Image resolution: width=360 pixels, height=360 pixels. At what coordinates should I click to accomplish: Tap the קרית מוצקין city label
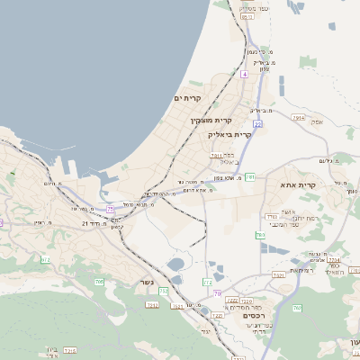click(x=211, y=120)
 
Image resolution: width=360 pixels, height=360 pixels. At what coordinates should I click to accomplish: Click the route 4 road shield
click(x=244, y=75)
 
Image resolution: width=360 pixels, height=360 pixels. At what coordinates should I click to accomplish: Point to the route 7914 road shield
click(x=299, y=118)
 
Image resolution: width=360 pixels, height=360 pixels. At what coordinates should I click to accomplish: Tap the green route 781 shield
click(x=249, y=177)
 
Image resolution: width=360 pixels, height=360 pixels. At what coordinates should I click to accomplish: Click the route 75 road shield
click(x=111, y=209)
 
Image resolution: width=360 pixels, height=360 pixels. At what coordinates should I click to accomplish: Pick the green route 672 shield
click(x=46, y=260)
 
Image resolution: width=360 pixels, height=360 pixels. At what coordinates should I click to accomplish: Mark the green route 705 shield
click(x=98, y=283)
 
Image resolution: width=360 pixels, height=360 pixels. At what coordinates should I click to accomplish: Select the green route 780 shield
click(x=260, y=235)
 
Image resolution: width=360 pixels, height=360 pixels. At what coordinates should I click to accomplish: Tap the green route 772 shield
click(x=208, y=283)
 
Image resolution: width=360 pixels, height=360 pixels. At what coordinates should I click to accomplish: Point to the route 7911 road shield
click(x=216, y=156)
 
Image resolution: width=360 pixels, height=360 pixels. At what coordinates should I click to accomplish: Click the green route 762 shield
click(x=296, y=309)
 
